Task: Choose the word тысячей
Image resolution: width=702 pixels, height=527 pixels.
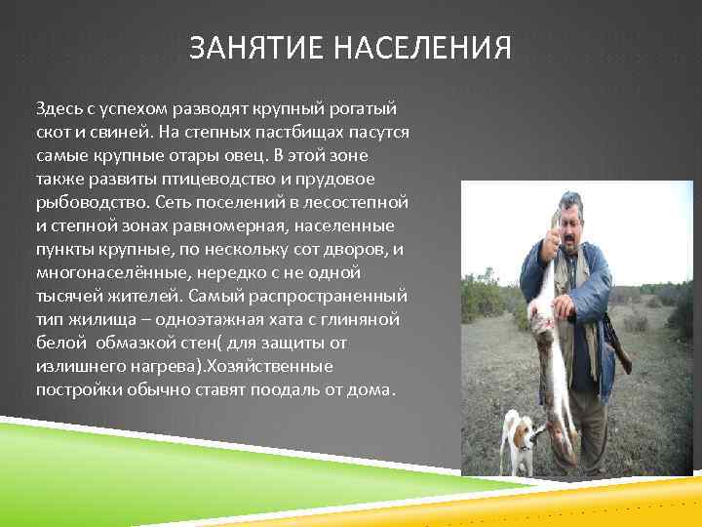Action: [67, 297]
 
